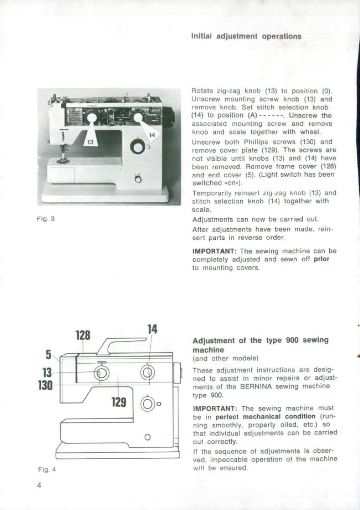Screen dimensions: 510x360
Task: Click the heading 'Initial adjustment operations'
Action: click(x=246, y=36)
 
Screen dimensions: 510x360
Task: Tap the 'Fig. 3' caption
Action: click(x=46, y=219)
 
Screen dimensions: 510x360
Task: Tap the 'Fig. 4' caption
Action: click(x=47, y=470)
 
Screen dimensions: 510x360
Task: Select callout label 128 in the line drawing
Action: click(x=83, y=335)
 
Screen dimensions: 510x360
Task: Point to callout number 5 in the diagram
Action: click(x=48, y=354)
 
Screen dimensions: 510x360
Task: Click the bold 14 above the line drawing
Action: click(x=152, y=329)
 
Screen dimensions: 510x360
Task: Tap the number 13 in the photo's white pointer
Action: click(x=90, y=142)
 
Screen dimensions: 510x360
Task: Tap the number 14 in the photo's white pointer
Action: click(x=152, y=135)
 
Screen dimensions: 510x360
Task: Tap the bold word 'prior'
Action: click(x=321, y=259)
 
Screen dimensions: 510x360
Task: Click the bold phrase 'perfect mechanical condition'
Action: click(x=265, y=417)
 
